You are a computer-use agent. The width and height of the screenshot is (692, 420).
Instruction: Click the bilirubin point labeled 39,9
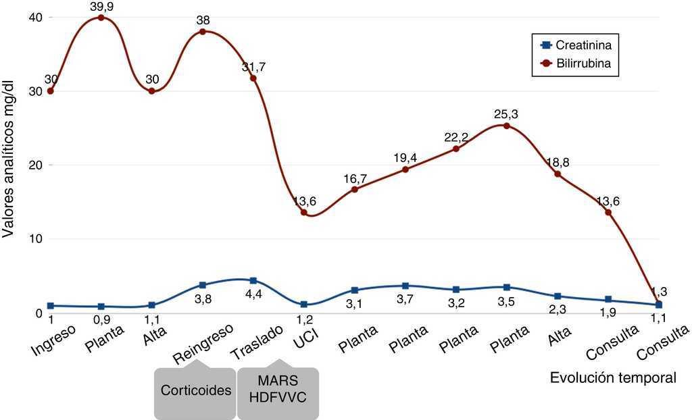click(101, 18)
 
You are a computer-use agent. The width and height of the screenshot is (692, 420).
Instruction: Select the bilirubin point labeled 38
click(203, 32)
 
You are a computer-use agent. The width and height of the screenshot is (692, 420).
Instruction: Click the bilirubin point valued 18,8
click(558, 174)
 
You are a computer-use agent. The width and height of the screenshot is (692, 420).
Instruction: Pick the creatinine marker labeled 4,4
click(253, 280)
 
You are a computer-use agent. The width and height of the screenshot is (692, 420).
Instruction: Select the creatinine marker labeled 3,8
click(203, 285)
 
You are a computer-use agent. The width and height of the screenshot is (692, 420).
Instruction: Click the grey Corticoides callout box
click(195, 391)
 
